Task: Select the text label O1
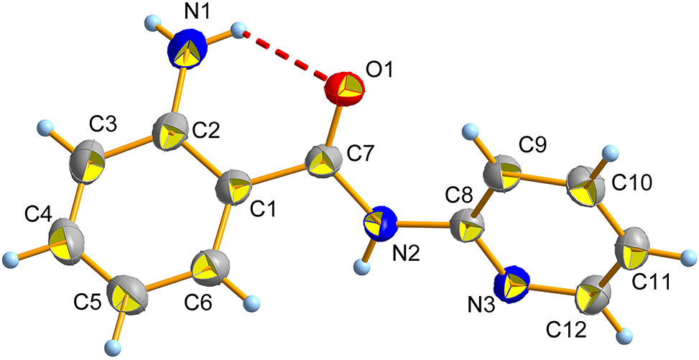(379, 71)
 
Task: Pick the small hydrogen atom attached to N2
(362, 267)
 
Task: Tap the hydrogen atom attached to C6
(253, 302)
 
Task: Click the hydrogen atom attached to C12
(626, 334)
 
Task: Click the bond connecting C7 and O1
(333, 126)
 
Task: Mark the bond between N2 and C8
(424, 226)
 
